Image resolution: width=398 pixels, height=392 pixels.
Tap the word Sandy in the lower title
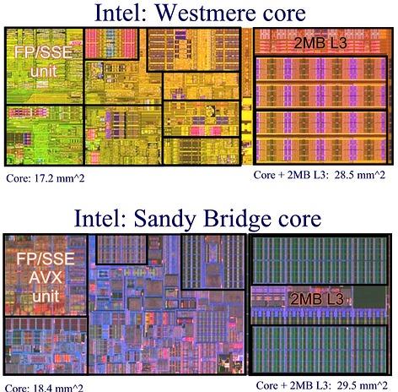pyautogui.click(x=164, y=220)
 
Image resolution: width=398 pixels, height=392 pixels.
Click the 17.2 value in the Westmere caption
pyautogui.click(x=44, y=178)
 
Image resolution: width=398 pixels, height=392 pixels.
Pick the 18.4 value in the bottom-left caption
pyautogui.click(x=43, y=388)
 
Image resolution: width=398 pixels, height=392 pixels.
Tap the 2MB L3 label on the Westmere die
pyautogui.click(x=320, y=43)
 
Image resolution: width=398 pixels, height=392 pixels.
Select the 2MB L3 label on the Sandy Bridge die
pyautogui.click(x=317, y=299)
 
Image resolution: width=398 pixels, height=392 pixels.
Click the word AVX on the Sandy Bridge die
pyautogui.click(x=46, y=277)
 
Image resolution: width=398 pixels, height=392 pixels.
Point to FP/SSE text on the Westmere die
pyautogui.click(x=44, y=52)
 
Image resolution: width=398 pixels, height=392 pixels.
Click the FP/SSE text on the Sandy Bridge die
pyautogui.click(x=46, y=259)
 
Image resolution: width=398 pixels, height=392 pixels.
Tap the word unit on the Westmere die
pyautogui.click(x=44, y=72)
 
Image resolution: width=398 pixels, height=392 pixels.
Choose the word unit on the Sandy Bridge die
pyautogui.click(x=46, y=297)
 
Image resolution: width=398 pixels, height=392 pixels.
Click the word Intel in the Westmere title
pyautogui.click(x=121, y=13)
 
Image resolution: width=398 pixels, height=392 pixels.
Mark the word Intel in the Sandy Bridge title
pyautogui.click(x=99, y=220)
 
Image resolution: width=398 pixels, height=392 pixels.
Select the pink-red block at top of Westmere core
pyautogui.click(x=111, y=43)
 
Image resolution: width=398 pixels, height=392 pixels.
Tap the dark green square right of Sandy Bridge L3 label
pyautogui.click(x=369, y=297)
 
